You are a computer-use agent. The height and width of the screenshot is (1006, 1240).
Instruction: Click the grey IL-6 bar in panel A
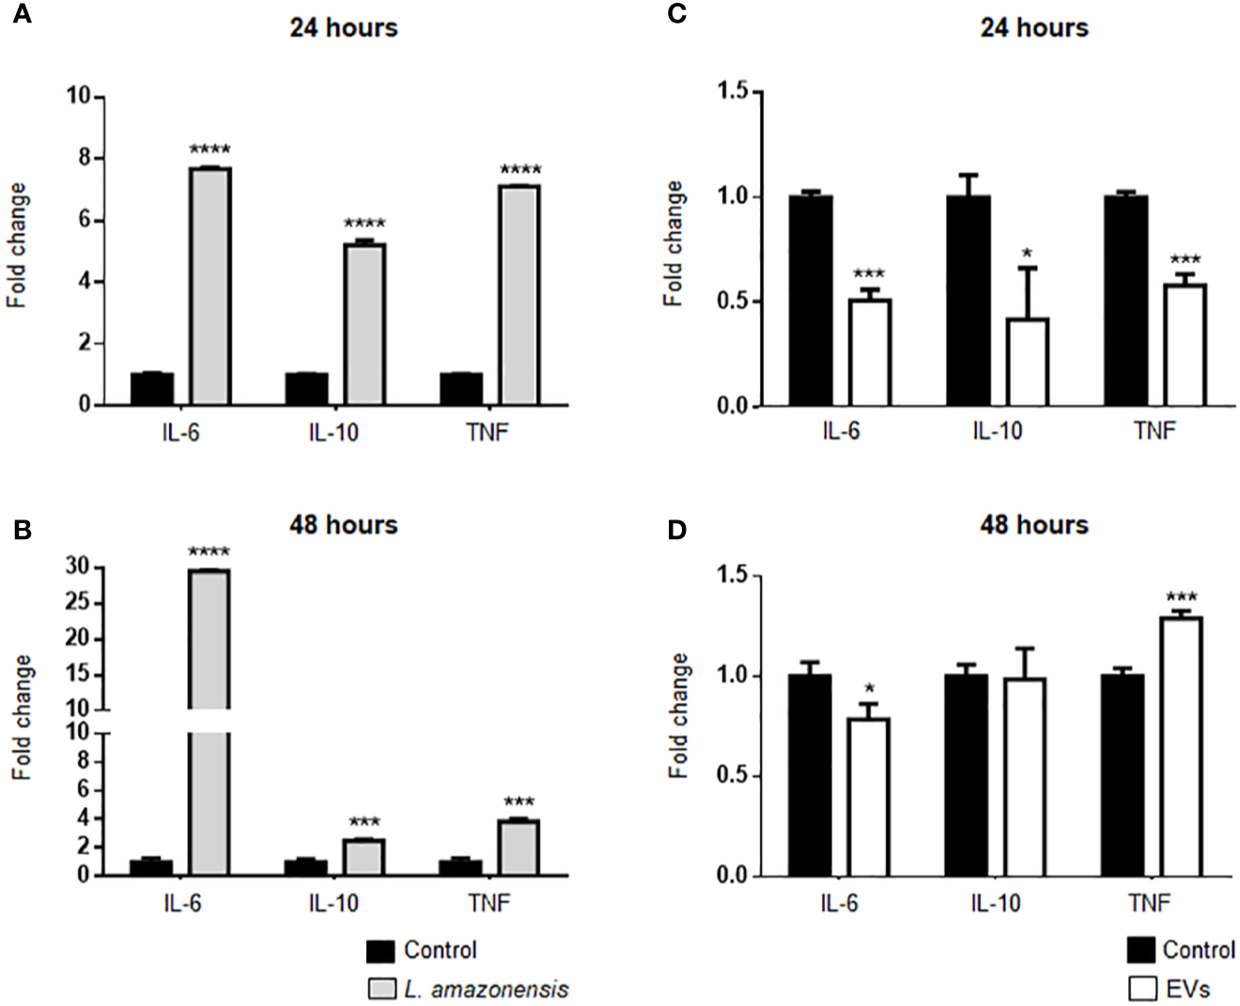pos(210,286)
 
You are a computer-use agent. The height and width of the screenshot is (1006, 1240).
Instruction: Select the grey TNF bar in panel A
pos(519,296)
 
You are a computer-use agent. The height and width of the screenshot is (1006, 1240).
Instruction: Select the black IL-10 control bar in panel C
pos(968,301)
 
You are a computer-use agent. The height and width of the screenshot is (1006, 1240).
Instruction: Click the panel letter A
pos(21,16)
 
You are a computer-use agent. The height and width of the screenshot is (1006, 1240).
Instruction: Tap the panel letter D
pos(676,531)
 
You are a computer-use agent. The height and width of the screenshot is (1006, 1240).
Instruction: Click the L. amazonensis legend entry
pos(486,989)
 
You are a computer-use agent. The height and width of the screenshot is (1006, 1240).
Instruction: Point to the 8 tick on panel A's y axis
pos(84,158)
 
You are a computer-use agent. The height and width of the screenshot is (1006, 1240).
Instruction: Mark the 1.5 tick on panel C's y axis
pos(733,91)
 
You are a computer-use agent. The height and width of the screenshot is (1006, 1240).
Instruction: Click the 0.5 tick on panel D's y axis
pos(733,776)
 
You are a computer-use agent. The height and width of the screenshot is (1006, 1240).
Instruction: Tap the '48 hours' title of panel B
pos(343,524)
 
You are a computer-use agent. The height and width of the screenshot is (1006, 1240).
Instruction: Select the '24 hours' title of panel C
pos(1033,27)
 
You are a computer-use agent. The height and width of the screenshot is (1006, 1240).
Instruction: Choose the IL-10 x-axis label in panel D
pos(995,904)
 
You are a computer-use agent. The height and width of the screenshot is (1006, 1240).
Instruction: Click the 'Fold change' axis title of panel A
pos(17,246)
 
